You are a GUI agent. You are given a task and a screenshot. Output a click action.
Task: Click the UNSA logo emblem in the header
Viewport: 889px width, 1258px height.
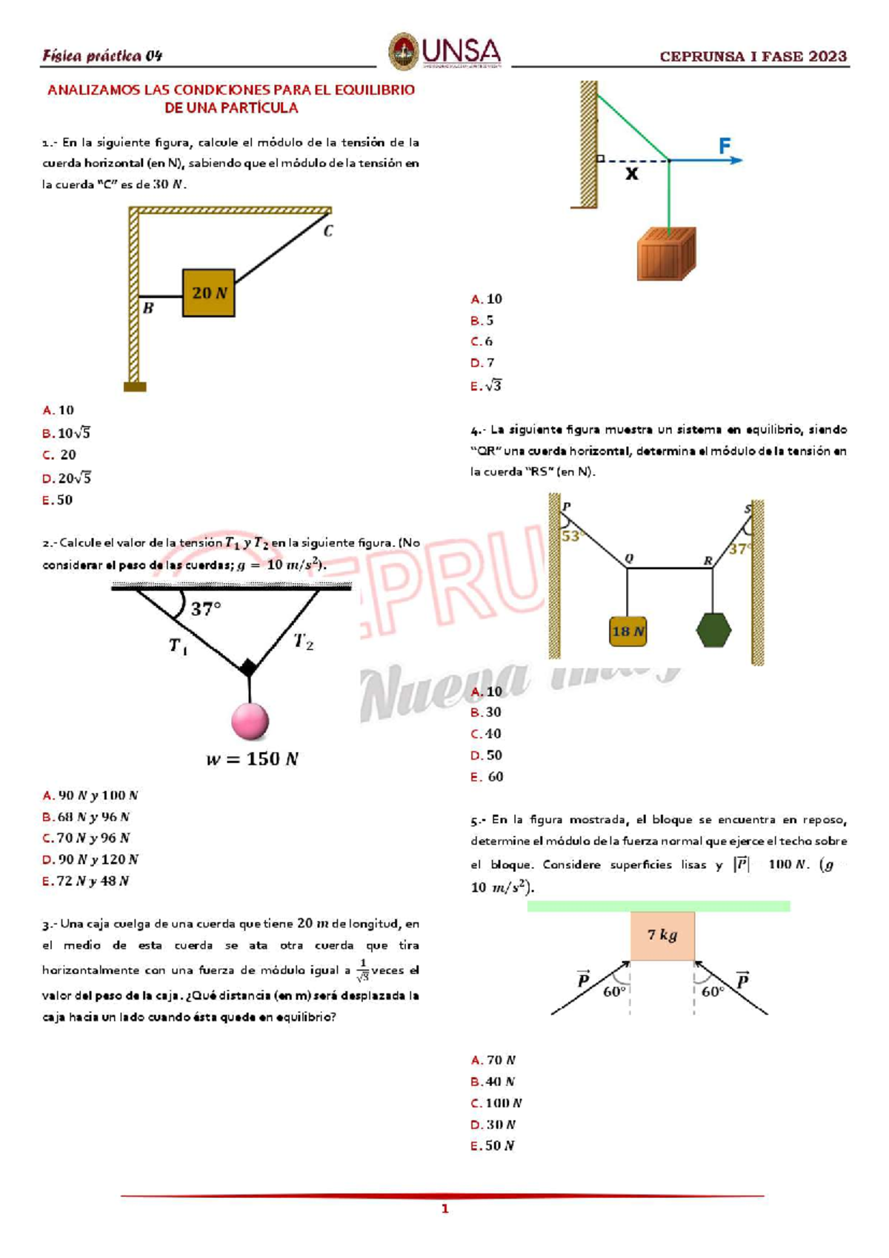(403, 52)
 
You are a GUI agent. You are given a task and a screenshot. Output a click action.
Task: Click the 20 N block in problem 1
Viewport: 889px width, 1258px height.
(209, 293)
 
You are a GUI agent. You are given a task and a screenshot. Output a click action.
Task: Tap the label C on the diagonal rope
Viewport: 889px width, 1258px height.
(328, 231)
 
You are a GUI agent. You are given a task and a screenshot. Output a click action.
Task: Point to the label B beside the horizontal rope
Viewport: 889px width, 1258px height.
(148, 308)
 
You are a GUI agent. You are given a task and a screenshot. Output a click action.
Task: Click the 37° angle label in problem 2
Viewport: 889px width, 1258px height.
(206, 609)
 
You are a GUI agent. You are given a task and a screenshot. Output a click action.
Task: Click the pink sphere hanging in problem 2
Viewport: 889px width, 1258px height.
(250, 721)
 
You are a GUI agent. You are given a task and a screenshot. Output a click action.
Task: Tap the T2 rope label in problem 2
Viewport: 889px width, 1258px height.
(303, 642)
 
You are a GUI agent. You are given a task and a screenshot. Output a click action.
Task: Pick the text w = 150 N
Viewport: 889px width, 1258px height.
(252, 759)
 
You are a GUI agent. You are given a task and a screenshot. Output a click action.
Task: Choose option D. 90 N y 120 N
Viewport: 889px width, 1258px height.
(90, 859)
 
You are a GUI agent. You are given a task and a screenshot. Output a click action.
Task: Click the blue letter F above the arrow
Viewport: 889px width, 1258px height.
(725, 145)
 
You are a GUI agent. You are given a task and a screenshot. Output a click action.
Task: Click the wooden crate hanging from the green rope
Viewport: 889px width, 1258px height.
(666, 254)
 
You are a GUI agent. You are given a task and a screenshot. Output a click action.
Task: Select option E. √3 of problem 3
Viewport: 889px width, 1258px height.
(487, 386)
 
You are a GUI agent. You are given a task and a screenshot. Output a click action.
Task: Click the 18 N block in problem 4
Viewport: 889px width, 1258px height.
(627, 631)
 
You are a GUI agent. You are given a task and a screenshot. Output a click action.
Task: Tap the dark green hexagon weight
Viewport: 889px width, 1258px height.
(713, 630)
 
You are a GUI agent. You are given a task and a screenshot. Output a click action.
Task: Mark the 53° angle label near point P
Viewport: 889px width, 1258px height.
(570, 536)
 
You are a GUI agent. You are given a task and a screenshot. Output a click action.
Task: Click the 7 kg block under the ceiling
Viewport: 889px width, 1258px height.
(662, 936)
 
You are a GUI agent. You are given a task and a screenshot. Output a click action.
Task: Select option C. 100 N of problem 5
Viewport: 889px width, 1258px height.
(496, 1103)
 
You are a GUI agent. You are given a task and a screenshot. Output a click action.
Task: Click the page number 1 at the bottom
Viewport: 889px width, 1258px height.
(444, 1209)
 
